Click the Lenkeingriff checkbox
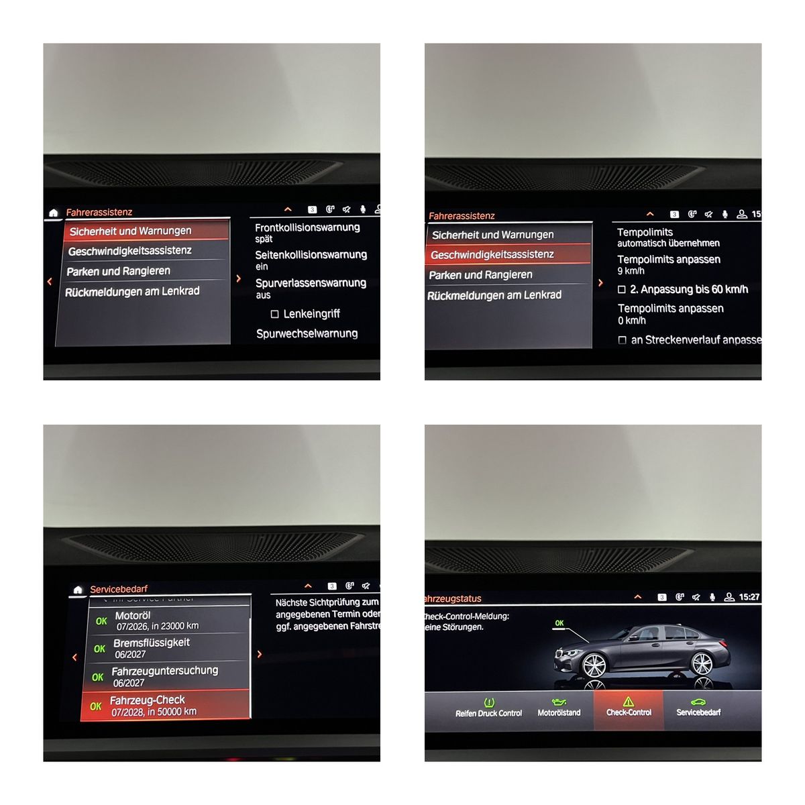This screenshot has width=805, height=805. pos(274,314)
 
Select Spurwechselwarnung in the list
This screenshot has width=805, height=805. pos(307,333)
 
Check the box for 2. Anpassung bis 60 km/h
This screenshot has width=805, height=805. pos(622,290)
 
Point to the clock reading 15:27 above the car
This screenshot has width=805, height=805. pos(749,597)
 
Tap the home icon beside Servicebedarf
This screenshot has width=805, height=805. pos(78,590)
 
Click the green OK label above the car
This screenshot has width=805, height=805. pos(559,623)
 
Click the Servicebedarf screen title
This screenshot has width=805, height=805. pos(119,589)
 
